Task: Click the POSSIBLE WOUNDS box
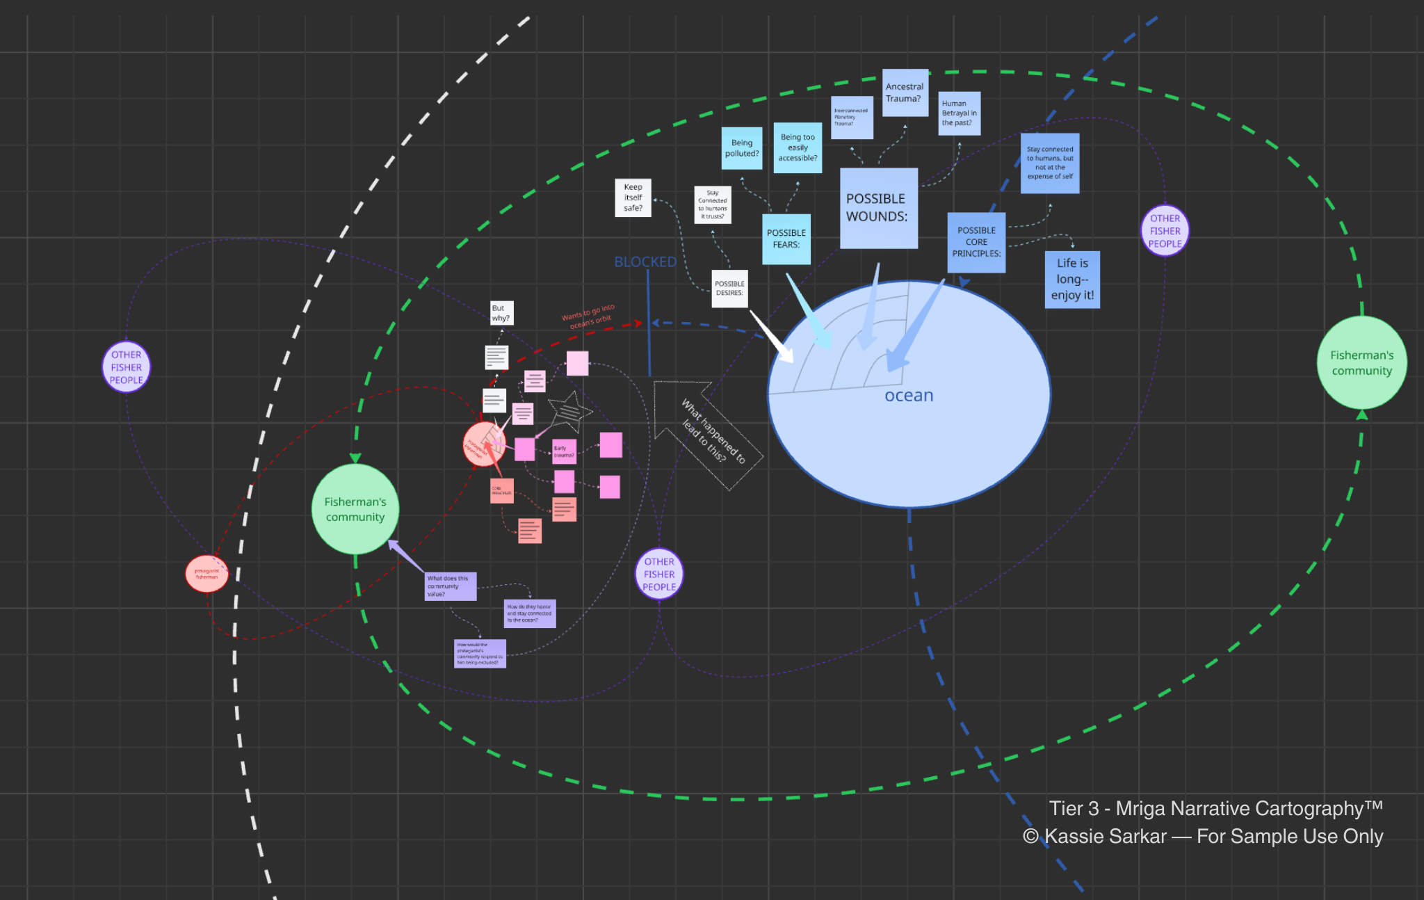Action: [x=878, y=208]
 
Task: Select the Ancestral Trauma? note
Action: [x=905, y=93]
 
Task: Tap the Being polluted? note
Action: [x=741, y=148]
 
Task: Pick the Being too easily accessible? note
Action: [x=798, y=147]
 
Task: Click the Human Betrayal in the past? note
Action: [x=959, y=113]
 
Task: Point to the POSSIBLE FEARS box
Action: [x=786, y=239]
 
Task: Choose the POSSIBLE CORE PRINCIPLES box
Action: [x=976, y=242]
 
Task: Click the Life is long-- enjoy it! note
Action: [x=1072, y=279]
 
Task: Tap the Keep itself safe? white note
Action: [x=633, y=198]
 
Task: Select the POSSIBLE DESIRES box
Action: [x=729, y=289]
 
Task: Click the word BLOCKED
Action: [x=645, y=262]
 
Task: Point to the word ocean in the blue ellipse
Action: [x=909, y=396]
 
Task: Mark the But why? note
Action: [x=501, y=313]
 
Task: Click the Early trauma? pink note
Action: [x=564, y=451]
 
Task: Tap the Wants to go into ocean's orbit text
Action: [x=589, y=316]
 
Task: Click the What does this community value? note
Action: [x=450, y=586]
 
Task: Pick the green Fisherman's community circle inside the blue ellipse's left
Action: [x=355, y=509]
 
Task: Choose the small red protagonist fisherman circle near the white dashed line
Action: [x=207, y=574]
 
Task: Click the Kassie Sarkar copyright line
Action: [x=1203, y=837]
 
